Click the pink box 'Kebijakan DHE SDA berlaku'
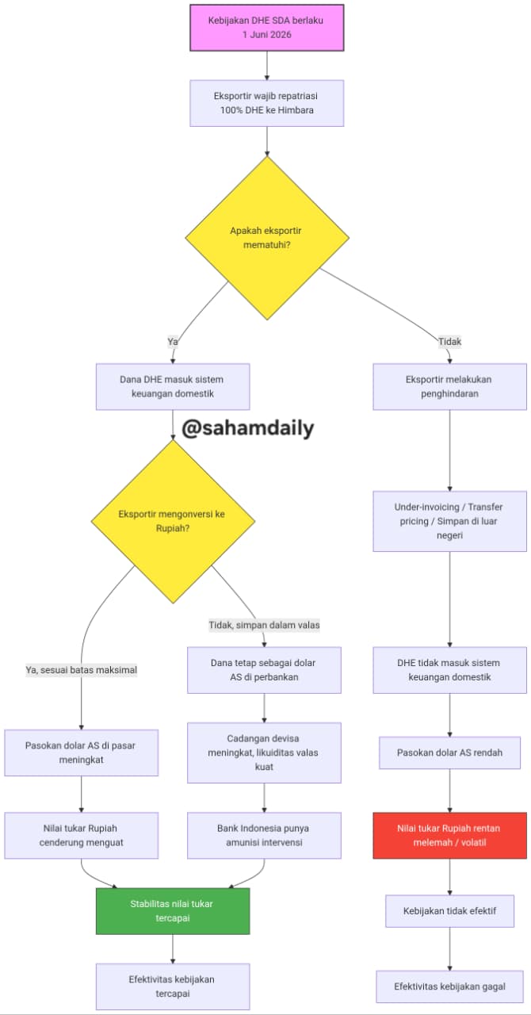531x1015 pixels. pos(267,28)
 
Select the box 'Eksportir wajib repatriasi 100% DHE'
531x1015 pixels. pos(267,103)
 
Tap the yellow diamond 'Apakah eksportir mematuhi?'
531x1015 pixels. pos(267,238)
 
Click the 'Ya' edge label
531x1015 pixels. pos(173,342)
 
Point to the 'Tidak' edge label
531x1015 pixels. pos(449,342)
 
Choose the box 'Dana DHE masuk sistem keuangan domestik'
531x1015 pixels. pos(173,386)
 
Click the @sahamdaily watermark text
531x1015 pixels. pos(248,428)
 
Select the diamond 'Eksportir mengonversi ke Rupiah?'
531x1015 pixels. pos(173,522)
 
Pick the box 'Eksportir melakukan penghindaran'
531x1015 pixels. pos(449,386)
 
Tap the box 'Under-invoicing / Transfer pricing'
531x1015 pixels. pos(449,521)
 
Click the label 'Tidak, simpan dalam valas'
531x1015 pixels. pos(264,625)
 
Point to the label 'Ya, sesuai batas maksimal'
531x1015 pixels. pos(82,670)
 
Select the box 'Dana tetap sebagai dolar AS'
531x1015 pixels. pos(264,670)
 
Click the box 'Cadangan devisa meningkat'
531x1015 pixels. pos(264,753)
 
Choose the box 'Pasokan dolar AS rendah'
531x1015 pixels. pos(449,753)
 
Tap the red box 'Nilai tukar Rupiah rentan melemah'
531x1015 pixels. pos(449,835)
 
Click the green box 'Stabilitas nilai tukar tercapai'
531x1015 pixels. pos(173,911)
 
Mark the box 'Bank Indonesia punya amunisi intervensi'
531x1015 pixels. pos(264,835)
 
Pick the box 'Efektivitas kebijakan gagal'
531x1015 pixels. pos(449,986)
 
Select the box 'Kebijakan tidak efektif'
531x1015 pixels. pos(449,911)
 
